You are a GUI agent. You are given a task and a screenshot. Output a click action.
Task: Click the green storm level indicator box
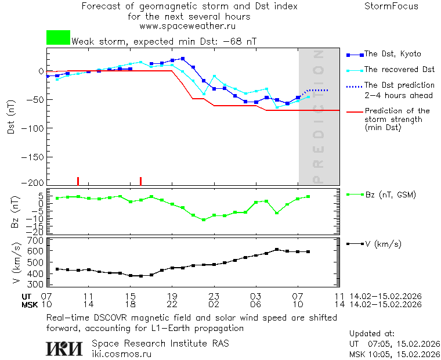(x=58, y=38)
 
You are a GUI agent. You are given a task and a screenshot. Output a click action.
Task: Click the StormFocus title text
(x=391, y=6)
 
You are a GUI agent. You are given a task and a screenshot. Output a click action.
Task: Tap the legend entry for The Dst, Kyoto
(x=392, y=54)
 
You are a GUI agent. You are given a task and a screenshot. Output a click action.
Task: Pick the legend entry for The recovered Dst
(x=399, y=70)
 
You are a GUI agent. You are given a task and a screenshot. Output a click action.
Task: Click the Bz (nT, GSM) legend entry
(x=390, y=195)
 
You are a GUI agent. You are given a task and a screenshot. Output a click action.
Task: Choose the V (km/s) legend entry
(x=382, y=244)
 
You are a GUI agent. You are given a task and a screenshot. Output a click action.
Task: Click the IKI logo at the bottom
(x=64, y=348)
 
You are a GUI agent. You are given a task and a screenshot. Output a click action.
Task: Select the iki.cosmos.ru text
(x=121, y=354)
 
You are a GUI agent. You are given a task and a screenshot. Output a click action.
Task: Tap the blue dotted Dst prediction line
(x=318, y=90)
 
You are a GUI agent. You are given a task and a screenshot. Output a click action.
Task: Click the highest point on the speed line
(x=277, y=250)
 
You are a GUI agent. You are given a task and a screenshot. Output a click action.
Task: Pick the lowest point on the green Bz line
(x=204, y=220)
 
